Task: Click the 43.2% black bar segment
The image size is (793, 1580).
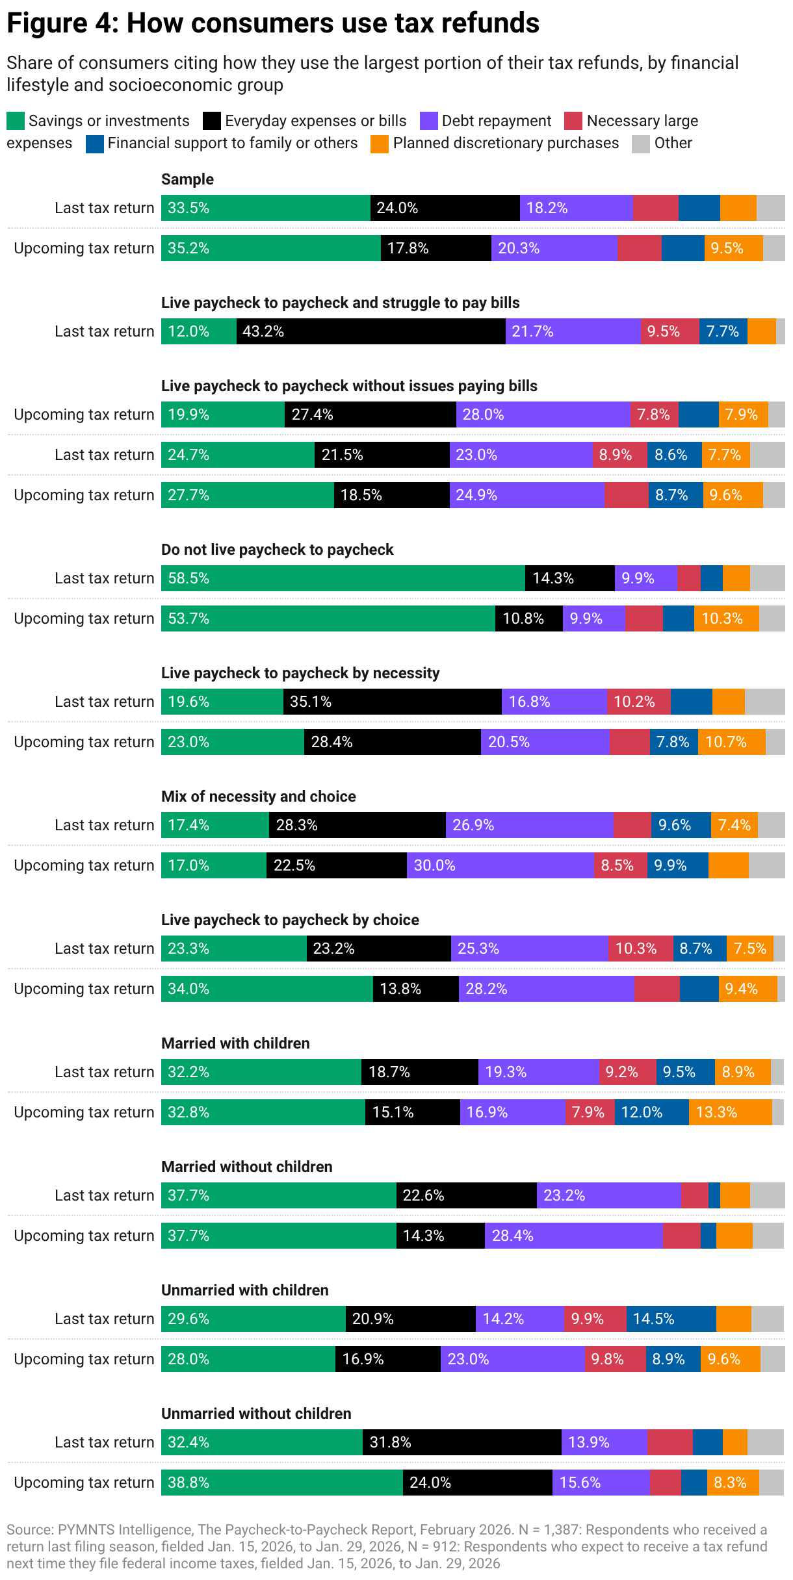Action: point(370,331)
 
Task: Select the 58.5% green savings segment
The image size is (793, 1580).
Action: point(343,578)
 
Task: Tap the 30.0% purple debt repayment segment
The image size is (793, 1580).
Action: point(500,865)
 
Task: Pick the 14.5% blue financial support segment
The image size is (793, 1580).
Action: point(671,1319)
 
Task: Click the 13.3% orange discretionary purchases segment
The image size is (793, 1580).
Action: point(730,1112)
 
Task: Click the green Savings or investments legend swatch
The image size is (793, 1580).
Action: point(16,121)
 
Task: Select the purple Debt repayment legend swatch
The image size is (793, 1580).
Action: point(429,121)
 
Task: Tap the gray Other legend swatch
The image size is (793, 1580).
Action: point(641,144)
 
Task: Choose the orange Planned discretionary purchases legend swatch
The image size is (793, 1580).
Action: point(380,144)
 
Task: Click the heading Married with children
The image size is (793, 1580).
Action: point(235,1043)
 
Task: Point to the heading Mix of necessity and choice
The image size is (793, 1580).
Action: point(258,796)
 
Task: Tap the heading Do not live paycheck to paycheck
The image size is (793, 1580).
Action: point(277,550)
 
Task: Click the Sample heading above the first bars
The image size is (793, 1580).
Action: point(187,179)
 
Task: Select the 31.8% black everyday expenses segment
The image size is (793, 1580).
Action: point(461,1442)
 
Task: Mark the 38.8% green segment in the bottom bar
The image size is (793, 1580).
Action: point(281,1483)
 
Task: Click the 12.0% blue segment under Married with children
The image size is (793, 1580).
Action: point(651,1112)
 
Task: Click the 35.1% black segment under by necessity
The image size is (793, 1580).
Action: point(392,702)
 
